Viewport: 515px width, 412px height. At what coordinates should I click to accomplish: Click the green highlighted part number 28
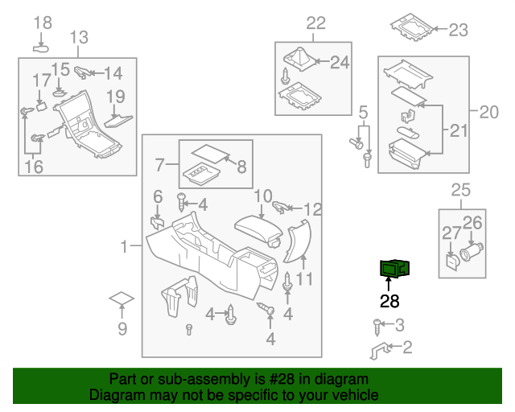[x=394, y=268]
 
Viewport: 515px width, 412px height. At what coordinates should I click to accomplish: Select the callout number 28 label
[x=389, y=302]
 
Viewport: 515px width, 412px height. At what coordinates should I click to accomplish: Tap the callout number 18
[x=43, y=23]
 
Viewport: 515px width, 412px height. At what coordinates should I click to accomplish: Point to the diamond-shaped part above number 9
[x=122, y=299]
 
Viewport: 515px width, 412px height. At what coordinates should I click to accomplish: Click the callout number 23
[x=457, y=31]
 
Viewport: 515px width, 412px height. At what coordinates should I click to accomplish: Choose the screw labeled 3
[x=377, y=324]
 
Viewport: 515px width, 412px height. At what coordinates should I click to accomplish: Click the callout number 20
[x=489, y=112]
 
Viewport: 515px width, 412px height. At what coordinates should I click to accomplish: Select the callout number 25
[x=459, y=190]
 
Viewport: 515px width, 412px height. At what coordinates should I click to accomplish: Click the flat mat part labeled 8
[x=211, y=152]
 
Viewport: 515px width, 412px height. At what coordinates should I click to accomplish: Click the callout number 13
[x=78, y=37]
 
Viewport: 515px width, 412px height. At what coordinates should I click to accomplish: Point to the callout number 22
[x=315, y=23]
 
